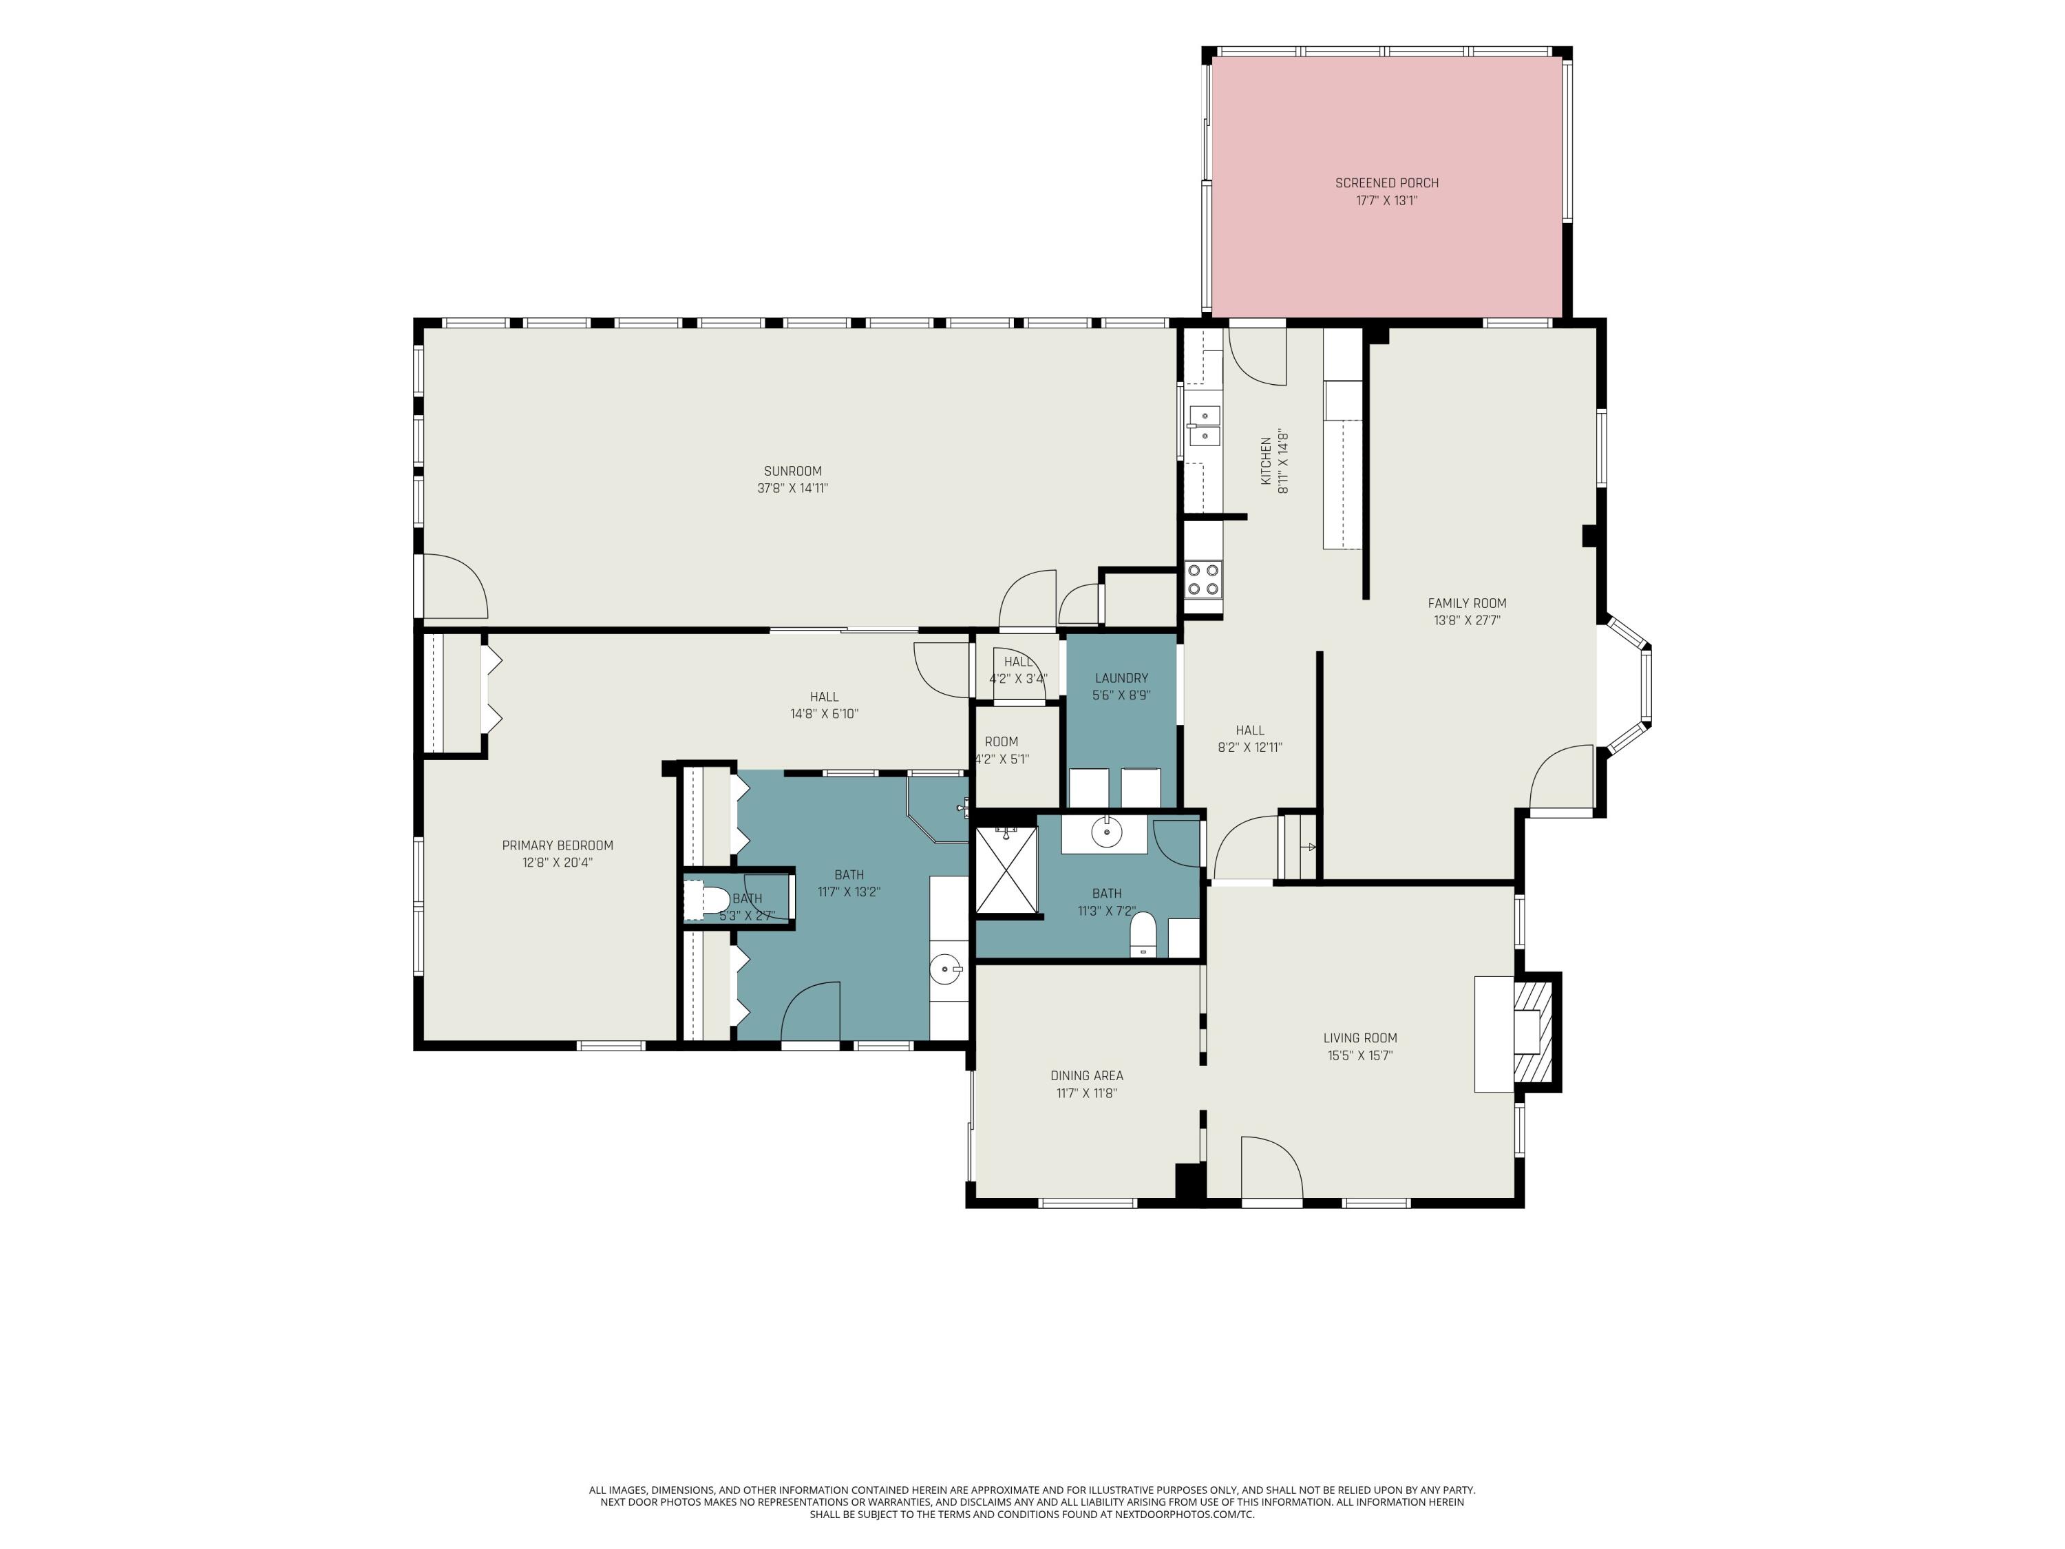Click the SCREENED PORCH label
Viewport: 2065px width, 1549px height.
pyautogui.click(x=1386, y=183)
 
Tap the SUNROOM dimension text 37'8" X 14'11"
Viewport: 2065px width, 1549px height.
pyautogui.click(x=792, y=488)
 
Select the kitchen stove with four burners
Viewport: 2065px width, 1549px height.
pyautogui.click(x=1203, y=579)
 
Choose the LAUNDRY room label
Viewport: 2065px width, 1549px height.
pyautogui.click(x=1121, y=679)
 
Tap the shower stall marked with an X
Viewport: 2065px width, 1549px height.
pyautogui.click(x=1006, y=868)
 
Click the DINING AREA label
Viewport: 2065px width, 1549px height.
pyautogui.click(x=1087, y=1075)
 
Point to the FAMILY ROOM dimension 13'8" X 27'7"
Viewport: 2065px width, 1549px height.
pyautogui.click(x=1467, y=621)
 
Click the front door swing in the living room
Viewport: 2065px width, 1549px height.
pyautogui.click(x=1271, y=1167)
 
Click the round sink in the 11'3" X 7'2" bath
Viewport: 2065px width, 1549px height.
pyautogui.click(x=1106, y=832)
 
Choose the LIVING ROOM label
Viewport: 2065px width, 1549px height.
pyautogui.click(x=1359, y=1038)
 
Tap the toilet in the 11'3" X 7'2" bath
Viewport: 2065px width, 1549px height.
pyautogui.click(x=1143, y=936)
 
